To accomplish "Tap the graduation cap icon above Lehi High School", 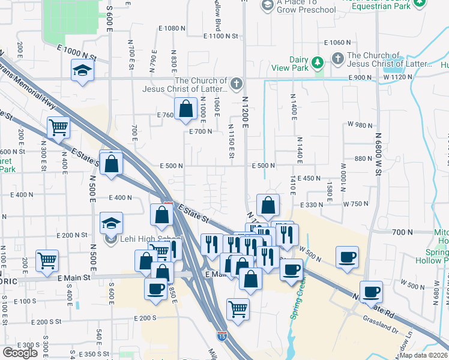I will click(x=111, y=223).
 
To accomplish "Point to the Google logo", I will click(x=20, y=352).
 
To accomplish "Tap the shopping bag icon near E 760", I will click(x=186, y=109).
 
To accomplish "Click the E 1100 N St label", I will click(x=215, y=36).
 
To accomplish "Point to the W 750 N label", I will click(x=356, y=204).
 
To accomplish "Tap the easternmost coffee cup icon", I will click(x=371, y=292).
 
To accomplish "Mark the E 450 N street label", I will click(x=309, y=179).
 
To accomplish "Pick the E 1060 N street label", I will click(x=337, y=43).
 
